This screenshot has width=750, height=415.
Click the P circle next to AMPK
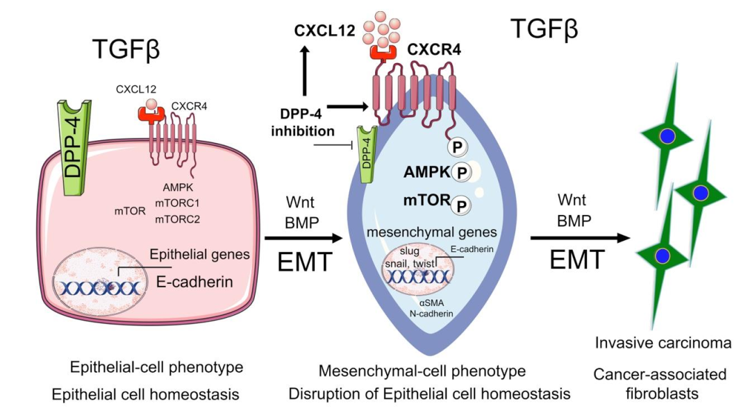461,171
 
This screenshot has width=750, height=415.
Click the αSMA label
431,303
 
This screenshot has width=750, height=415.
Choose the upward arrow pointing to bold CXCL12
304,73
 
